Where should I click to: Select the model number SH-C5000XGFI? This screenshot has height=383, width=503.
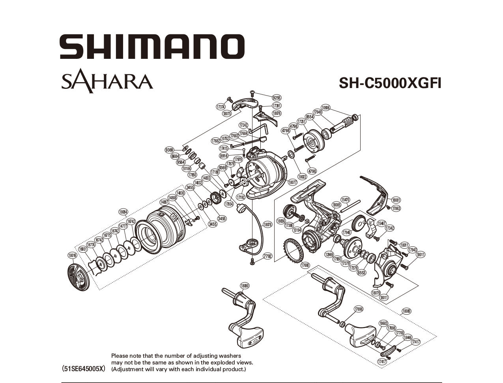390,83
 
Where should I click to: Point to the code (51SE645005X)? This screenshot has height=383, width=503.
84,369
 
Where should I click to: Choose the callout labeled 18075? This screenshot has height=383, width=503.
226,113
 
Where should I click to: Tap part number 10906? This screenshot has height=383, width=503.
326,107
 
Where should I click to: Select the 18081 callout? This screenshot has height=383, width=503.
396,200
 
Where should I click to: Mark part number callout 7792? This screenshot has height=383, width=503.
267,256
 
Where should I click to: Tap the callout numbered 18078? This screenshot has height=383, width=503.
267,224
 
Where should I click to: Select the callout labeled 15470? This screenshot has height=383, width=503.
346,200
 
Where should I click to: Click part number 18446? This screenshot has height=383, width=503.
407,338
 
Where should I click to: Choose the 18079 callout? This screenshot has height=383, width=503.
376,293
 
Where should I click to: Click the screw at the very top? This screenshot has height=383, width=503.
253,93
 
